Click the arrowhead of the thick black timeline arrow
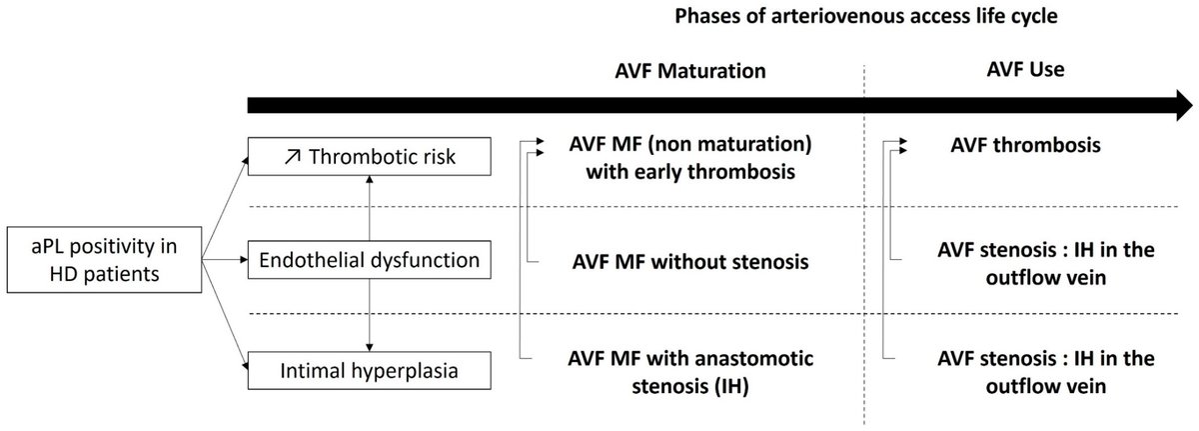tap(1184, 105)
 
